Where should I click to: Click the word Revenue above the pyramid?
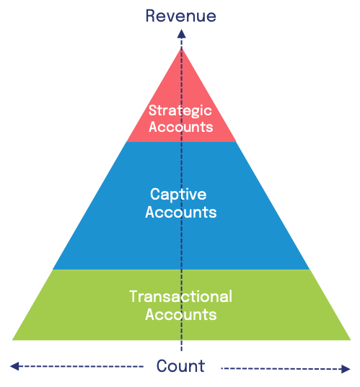pos(180,16)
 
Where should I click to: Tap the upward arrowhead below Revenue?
pos(181,34)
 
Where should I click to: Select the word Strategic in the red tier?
pos(180,111)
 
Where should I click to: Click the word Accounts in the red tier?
pos(180,127)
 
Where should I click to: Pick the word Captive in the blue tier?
pos(178,195)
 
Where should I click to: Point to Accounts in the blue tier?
pos(181,213)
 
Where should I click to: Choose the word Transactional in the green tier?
pos(180,296)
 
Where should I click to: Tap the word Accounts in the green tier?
pos(181,315)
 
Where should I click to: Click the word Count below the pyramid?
pos(180,366)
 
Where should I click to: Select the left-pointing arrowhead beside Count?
pos(14,366)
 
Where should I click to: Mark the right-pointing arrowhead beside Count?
pos(346,369)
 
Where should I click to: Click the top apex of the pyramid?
pos(182,48)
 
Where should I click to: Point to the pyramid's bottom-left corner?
pos(12,340)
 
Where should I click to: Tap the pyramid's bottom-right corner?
pos(351,340)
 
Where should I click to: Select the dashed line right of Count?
pos(281,369)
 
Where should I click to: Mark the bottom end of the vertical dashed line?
pos(182,351)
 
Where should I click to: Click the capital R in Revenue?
pos(151,16)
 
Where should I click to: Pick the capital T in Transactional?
pos(134,296)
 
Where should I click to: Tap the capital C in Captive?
pos(156,194)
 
